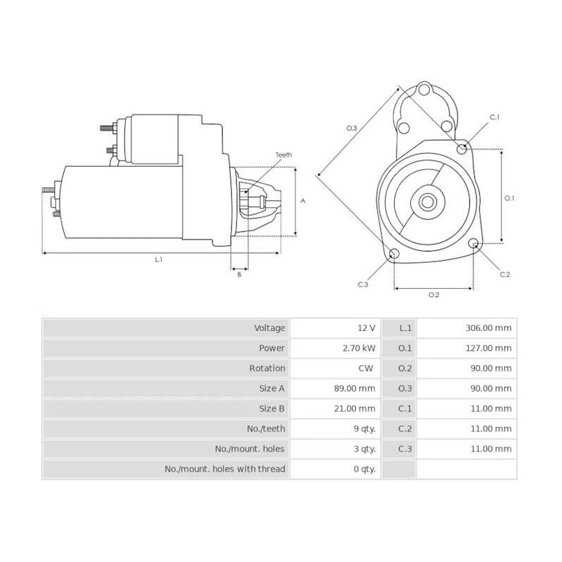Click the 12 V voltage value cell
click(x=366, y=328)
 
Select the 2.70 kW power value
click(x=360, y=348)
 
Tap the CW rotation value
click(x=368, y=368)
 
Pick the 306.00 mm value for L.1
click(x=489, y=328)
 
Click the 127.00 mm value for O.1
click(x=489, y=348)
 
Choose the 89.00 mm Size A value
click(x=356, y=388)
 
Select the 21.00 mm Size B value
click(x=356, y=408)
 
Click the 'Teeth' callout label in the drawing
click(x=283, y=155)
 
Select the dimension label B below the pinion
click(x=239, y=275)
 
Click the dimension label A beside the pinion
click(x=303, y=200)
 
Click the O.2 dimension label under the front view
click(x=433, y=294)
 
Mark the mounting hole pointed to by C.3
click(x=393, y=254)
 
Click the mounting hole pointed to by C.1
click(x=462, y=149)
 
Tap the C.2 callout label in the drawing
click(x=504, y=274)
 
